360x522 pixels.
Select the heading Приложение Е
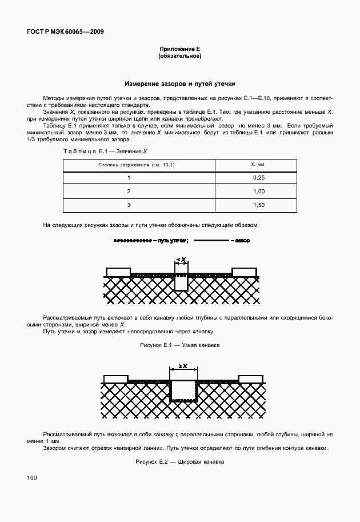coord(179,50)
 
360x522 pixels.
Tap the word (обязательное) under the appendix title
coord(179,57)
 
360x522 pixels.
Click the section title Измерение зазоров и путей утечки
coord(179,83)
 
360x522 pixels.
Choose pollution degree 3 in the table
coord(129,205)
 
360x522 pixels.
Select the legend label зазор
coord(242,241)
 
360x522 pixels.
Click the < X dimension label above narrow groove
coord(181,260)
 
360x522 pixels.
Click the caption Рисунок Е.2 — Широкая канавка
coord(179,461)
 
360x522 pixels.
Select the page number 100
coord(31,477)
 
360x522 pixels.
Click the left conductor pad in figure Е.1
coord(117,271)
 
